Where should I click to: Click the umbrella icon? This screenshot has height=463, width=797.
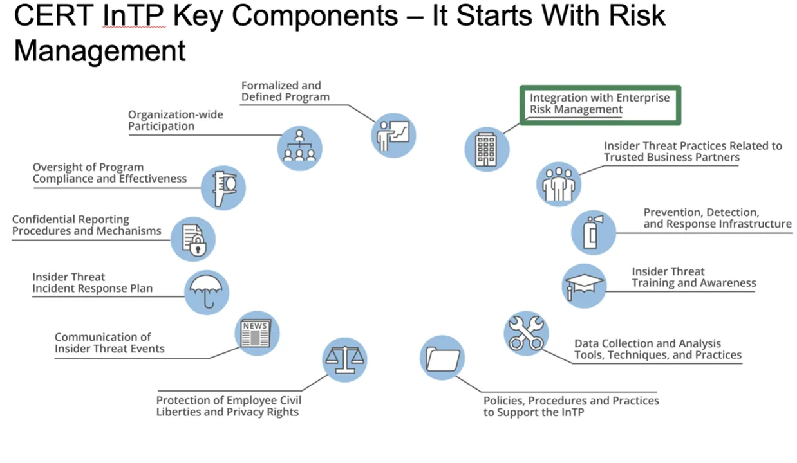[207, 292]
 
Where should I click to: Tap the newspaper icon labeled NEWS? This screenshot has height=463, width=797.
[256, 333]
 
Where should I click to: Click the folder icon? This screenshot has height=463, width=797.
[442, 358]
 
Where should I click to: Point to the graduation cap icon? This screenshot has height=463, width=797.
[585, 286]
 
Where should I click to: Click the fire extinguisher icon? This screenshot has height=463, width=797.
[594, 232]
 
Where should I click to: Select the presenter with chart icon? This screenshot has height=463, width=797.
[393, 135]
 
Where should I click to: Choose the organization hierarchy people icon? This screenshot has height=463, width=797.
[299, 148]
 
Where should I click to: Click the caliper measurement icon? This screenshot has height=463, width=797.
[223, 187]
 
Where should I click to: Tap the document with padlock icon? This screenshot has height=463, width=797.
[193, 239]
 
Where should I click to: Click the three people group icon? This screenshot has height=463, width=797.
[558, 184]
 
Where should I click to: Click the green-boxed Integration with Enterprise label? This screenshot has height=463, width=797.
[599, 104]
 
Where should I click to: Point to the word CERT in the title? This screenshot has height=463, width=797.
[53, 16]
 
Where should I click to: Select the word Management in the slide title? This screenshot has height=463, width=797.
[100, 50]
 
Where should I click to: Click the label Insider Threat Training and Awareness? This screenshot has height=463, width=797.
[693, 277]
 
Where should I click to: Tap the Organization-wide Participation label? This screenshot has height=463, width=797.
[175, 120]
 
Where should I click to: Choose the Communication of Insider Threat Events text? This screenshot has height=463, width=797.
[109, 343]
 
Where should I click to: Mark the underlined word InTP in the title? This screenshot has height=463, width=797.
[134, 16]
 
